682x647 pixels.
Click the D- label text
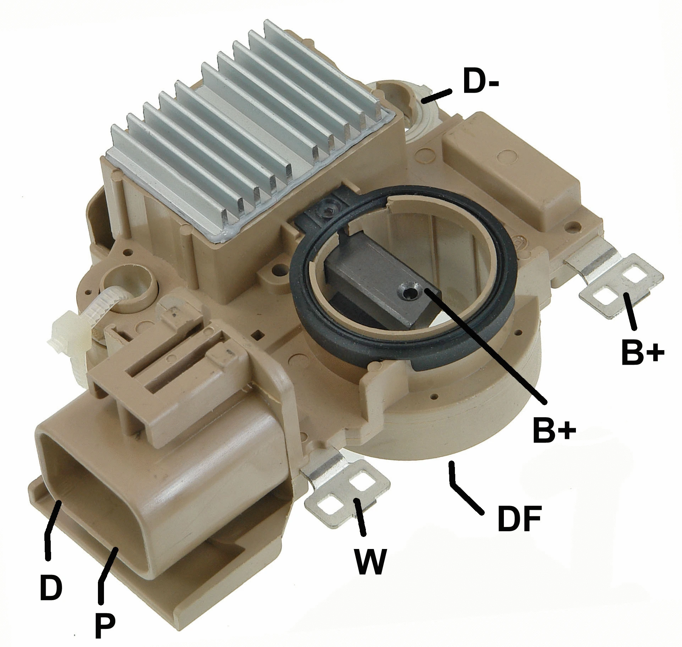point(481,82)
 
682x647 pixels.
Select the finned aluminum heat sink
point(248,135)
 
